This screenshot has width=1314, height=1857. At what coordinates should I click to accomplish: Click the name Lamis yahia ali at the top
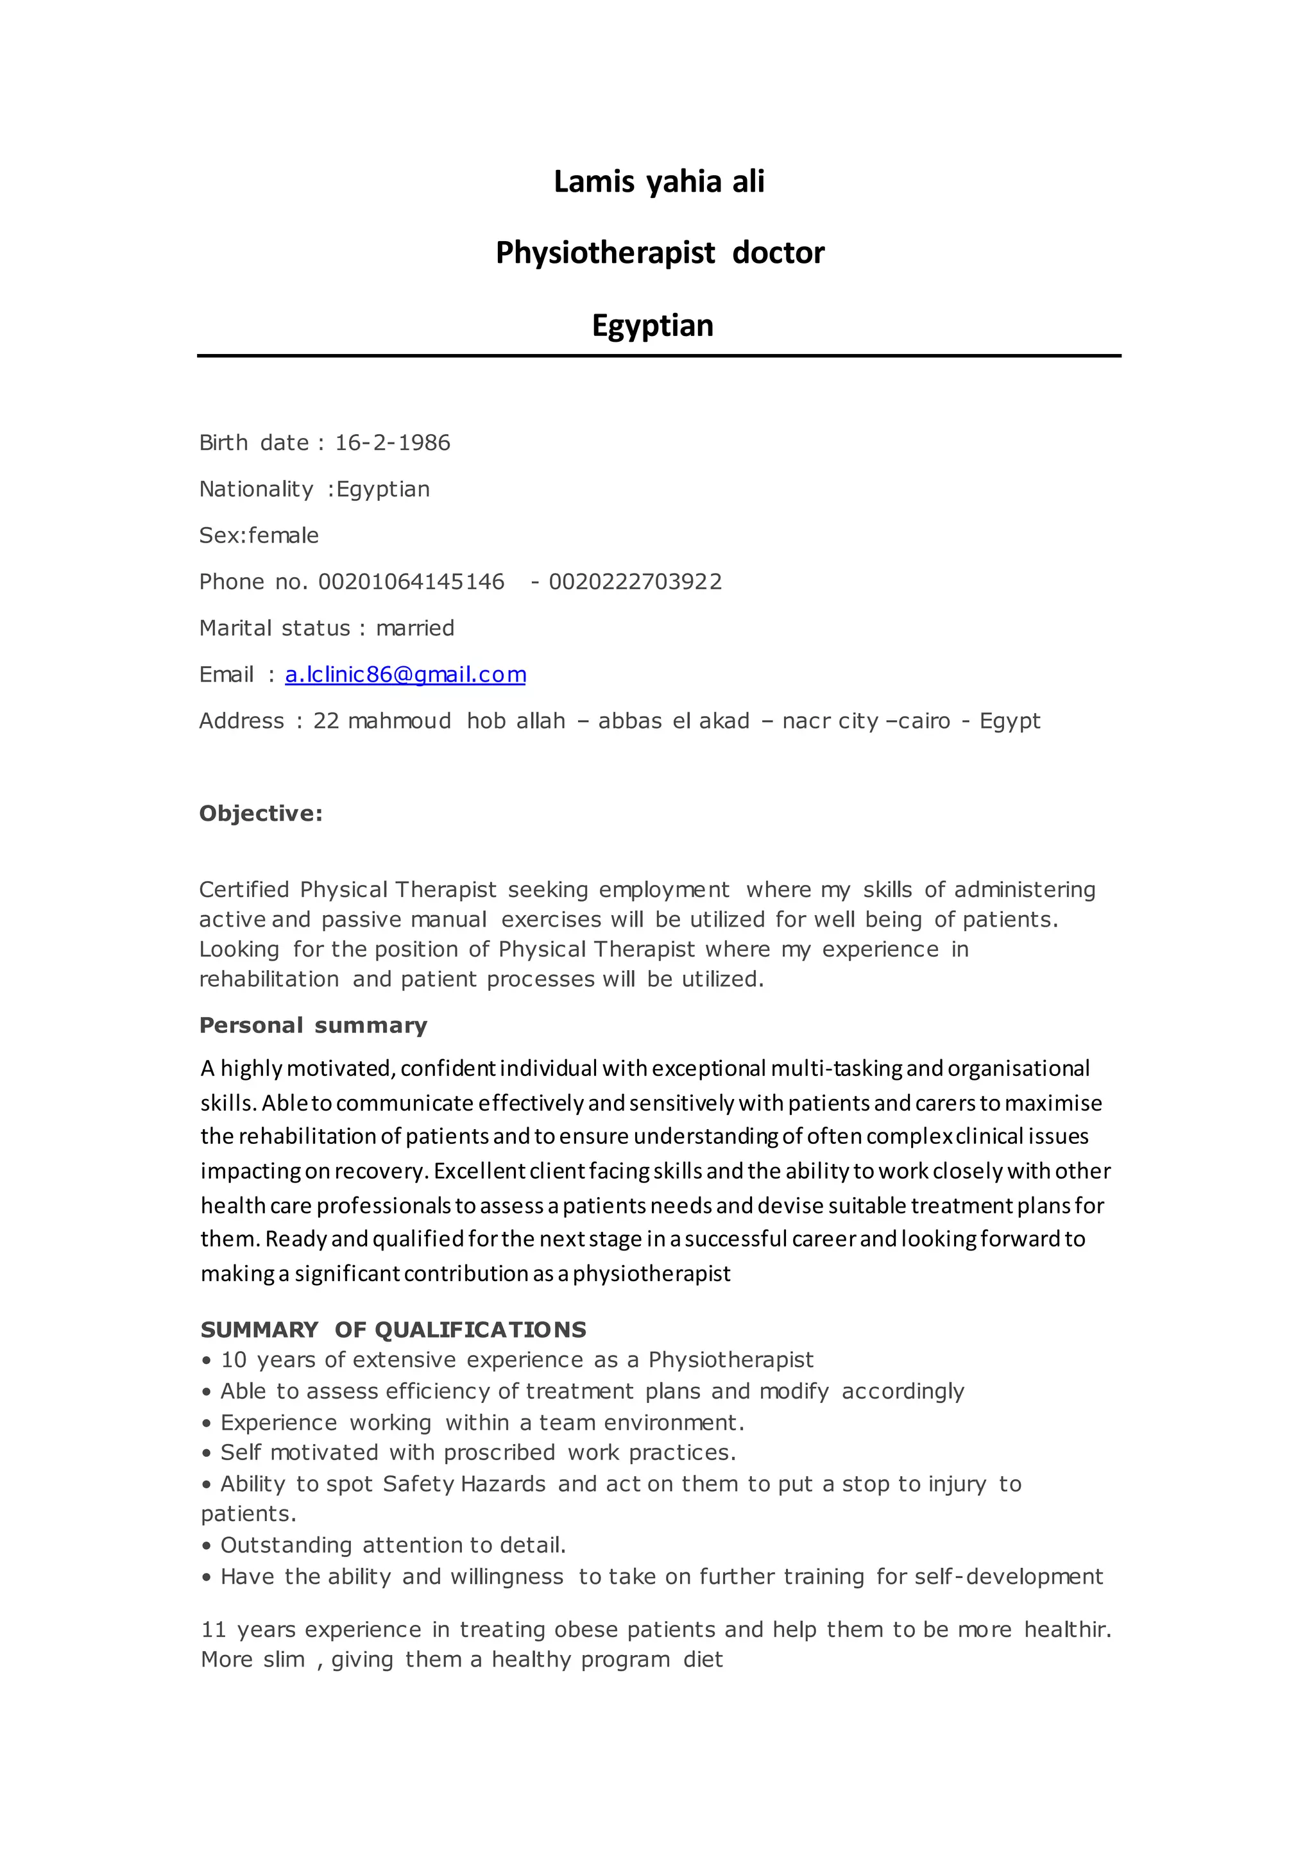659,182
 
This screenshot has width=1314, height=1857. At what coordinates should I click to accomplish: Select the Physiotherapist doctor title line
660,253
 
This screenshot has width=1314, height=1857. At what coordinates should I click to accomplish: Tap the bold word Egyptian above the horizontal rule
652,325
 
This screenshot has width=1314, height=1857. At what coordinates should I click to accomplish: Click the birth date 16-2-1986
393,442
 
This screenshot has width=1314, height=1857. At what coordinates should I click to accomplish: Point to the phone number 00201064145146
411,582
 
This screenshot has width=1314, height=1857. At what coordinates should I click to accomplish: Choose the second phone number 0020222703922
635,582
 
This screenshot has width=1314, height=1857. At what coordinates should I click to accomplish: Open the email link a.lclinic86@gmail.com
405,675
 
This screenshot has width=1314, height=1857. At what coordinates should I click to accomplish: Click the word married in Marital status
415,628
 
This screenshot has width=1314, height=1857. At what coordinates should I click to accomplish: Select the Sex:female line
259,535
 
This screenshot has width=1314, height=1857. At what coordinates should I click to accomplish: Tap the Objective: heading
260,814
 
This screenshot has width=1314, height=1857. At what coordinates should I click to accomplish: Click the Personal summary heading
313,1025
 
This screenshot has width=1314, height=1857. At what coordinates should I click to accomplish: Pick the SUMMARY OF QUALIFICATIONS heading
393,1330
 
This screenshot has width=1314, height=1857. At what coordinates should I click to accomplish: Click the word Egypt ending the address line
1010,721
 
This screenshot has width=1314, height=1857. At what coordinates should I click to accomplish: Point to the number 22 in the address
326,721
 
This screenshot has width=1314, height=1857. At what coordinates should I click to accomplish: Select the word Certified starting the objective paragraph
244,889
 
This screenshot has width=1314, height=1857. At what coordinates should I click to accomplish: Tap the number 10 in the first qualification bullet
234,1361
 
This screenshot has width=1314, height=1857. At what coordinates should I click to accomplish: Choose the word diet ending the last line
703,1660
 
